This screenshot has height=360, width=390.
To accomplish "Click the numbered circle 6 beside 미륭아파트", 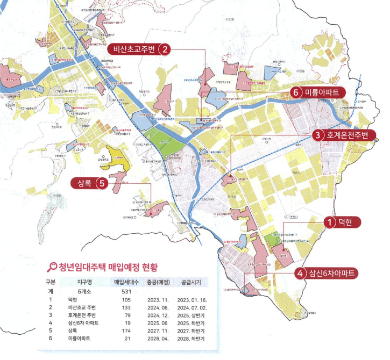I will click(295, 92).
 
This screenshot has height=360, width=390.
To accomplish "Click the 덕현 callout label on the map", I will click(345, 222).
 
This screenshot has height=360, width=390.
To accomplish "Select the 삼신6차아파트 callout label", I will click(332, 273).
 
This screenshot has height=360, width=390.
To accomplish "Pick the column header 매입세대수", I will click(126, 282).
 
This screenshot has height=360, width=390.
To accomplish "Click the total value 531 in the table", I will click(127, 290).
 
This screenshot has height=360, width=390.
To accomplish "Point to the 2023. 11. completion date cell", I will click(158, 299).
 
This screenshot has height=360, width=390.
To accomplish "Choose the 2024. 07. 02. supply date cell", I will click(192, 307).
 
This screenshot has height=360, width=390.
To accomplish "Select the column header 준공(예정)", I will click(158, 282).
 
